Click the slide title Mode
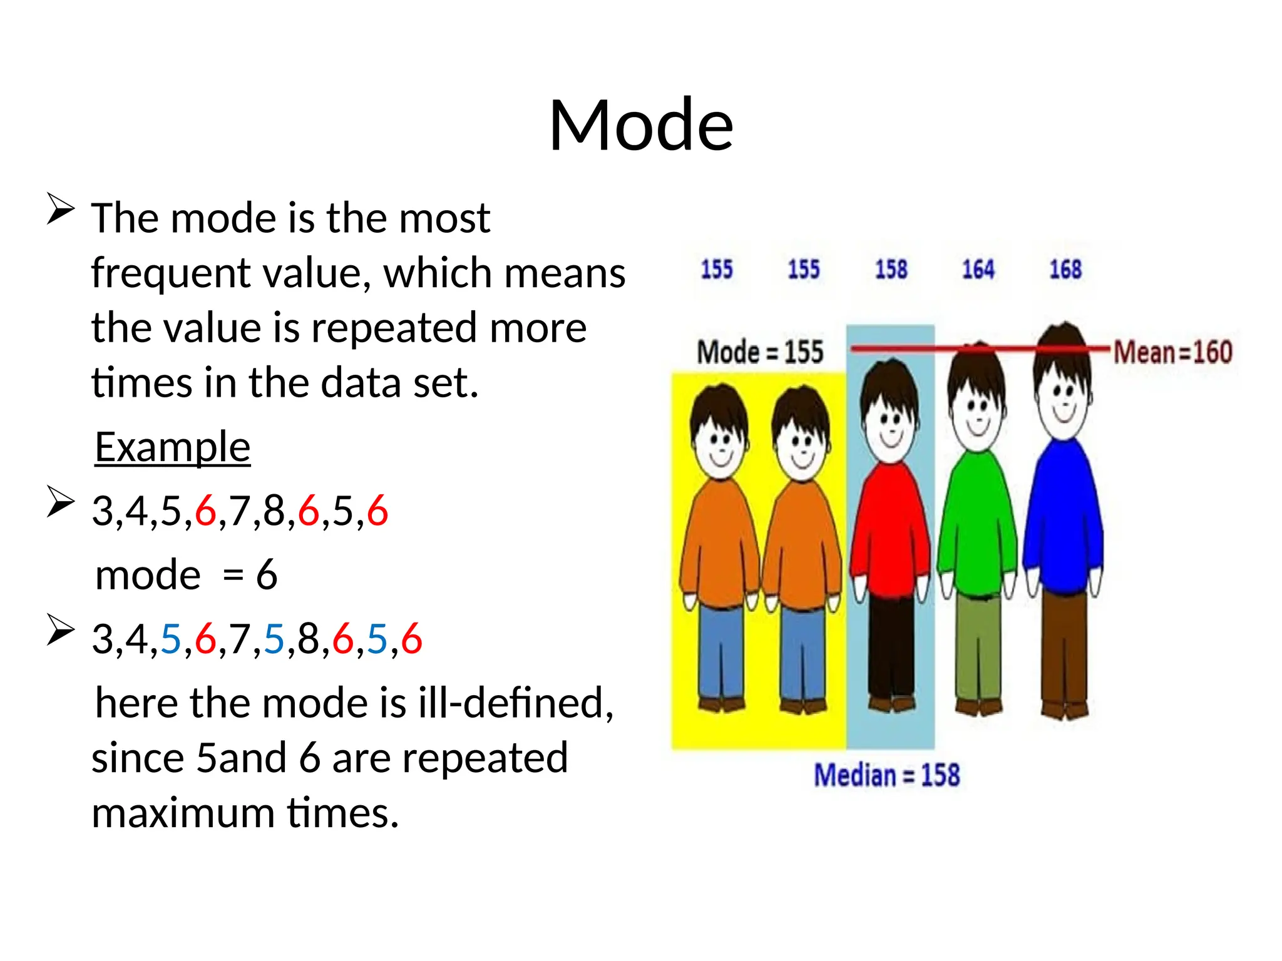click(640, 125)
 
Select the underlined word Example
click(172, 447)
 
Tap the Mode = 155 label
click(760, 352)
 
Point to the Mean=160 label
click(1172, 352)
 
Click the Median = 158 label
click(886, 775)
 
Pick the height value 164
click(978, 270)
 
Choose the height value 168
click(1065, 270)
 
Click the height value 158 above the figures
click(891, 270)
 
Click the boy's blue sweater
click(1063, 519)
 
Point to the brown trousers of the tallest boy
click(1064, 651)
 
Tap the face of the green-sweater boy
click(977, 413)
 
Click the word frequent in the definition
click(169, 273)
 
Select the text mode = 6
click(186, 575)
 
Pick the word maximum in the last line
click(183, 813)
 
